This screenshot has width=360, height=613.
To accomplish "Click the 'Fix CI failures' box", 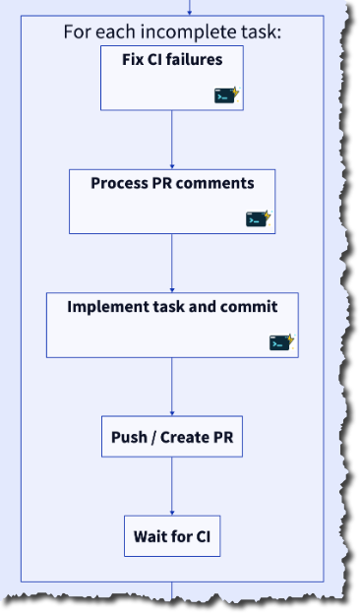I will coord(171,77).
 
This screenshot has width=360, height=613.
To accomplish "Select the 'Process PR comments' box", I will coord(171,201).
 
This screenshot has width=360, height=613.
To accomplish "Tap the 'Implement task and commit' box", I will coord(171,324).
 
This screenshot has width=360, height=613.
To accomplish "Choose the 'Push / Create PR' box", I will coord(171,437).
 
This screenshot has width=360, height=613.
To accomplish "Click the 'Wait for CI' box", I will coord(171,537).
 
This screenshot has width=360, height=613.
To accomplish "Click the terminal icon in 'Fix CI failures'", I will coord(227,95).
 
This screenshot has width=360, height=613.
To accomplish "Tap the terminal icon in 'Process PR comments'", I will coord(258,218).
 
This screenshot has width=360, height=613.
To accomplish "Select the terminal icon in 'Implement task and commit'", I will coord(281,342).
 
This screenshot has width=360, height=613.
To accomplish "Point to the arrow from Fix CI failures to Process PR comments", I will coord(172,139).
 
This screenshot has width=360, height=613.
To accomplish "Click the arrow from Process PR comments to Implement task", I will coord(172,262).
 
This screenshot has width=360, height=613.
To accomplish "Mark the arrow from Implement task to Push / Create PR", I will coord(172,387).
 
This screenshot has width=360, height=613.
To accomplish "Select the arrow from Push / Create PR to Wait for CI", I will coord(172,486).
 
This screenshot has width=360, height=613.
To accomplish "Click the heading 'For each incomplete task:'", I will coord(171,31).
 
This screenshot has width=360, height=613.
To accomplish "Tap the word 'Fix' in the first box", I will coord(133,59).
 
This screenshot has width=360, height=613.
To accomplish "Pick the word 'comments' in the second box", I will coord(219,183).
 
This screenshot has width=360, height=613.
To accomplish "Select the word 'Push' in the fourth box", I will coord(129,437).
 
